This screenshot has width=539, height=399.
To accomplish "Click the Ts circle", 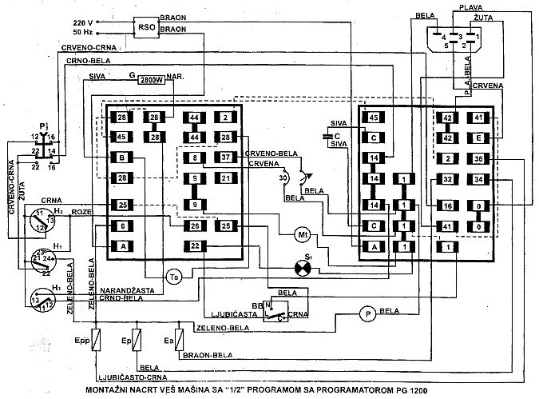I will tap(175, 276).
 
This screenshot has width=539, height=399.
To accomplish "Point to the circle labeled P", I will tap(367, 313).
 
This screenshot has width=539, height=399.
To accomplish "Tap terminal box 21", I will tap(225, 178).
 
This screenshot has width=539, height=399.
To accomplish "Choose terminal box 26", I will tap(195, 227).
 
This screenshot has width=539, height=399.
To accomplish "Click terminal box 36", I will tap(477, 158).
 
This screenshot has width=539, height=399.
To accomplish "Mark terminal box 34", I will tap(477, 179).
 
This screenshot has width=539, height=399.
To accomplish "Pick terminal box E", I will tap(477, 137).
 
